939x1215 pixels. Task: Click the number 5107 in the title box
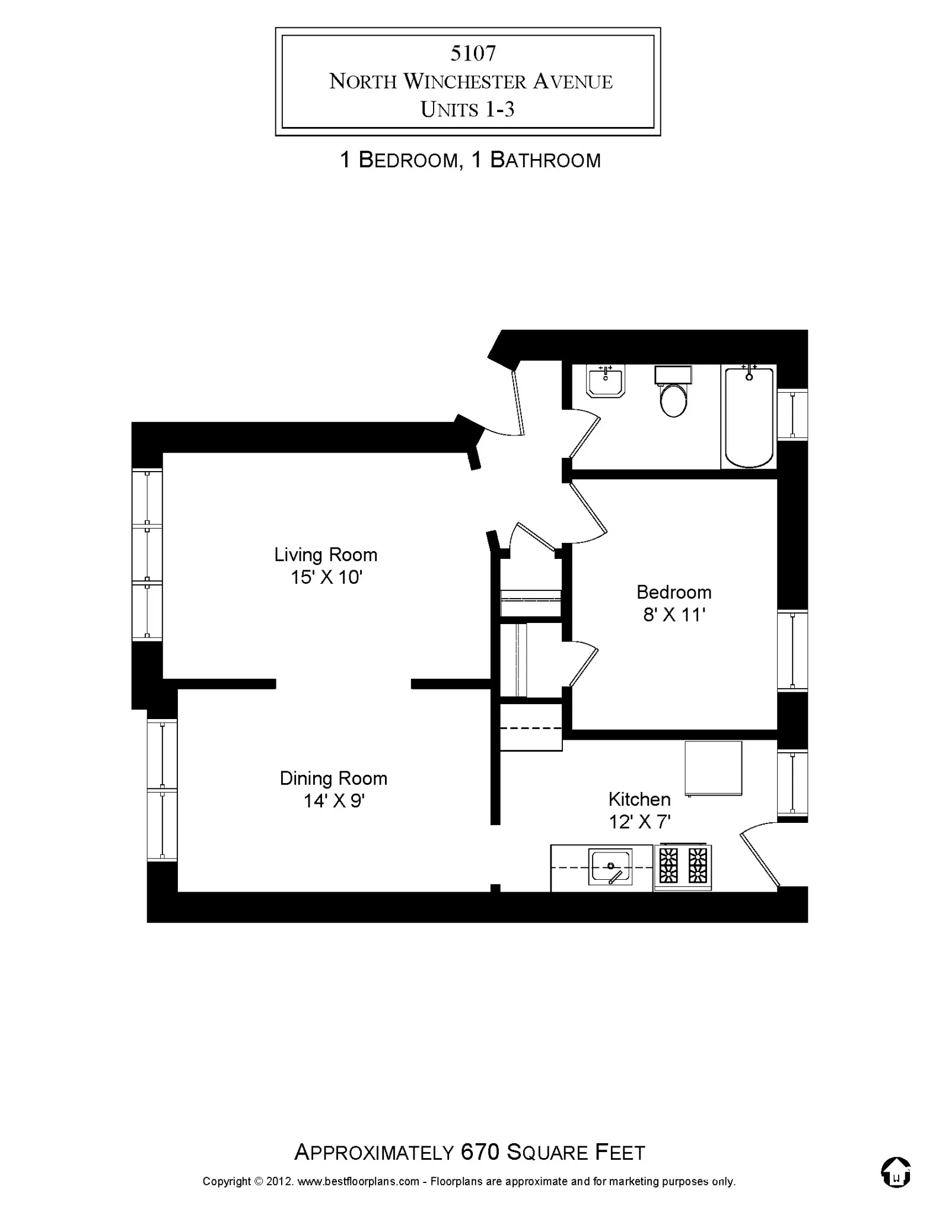point(473,54)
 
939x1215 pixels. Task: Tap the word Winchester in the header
point(466,82)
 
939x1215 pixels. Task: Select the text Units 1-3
point(467,110)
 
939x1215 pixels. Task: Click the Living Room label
point(326,555)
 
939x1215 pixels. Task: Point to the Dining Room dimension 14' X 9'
point(333,801)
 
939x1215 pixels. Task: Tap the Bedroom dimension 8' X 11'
point(674,615)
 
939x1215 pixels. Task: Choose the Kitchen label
point(639,799)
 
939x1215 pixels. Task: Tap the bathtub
point(749,416)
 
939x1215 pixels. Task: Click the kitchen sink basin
point(610,867)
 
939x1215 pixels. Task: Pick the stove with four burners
point(683,866)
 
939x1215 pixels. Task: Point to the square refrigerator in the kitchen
point(714,768)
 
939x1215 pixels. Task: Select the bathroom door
point(584,437)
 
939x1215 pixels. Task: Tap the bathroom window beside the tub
point(792,414)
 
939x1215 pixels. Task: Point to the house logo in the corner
point(896,1172)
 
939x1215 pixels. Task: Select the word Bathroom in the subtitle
point(545,160)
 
